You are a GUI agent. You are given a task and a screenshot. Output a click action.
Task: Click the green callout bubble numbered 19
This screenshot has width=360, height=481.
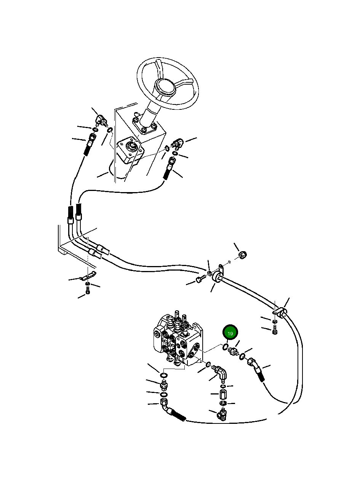pyautogui.click(x=230, y=333)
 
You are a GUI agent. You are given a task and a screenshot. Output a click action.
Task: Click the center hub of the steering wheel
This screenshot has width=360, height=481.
pyautogui.click(x=167, y=87)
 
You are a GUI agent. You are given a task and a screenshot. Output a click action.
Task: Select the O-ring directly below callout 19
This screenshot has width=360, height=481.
pyautogui.click(x=226, y=347)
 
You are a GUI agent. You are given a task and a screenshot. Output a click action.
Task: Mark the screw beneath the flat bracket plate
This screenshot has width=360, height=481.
pyautogui.click(x=88, y=291)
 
